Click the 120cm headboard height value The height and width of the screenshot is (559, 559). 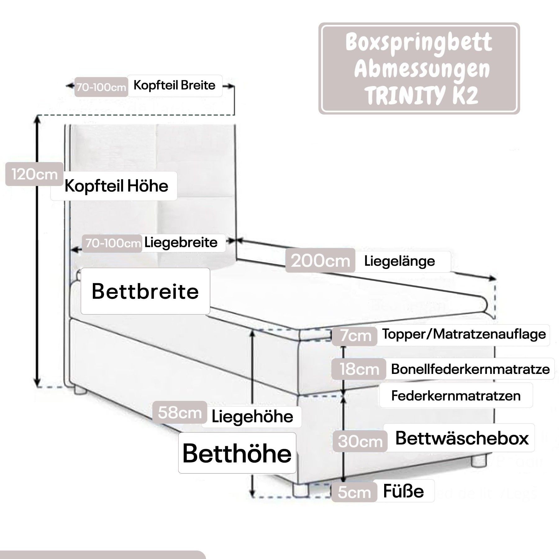click(x=34, y=175)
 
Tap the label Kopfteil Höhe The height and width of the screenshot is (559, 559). click(x=116, y=186)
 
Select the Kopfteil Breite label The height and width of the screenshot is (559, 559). click(x=174, y=85)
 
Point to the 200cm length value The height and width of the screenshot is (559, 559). click(x=320, y=261)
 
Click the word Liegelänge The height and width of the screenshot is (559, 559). click(x=399, y=261)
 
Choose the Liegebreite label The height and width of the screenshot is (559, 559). click(x=181, y=243)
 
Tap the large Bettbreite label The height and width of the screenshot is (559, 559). click(x=145, y=291)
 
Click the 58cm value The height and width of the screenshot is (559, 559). click(x=180, y=413)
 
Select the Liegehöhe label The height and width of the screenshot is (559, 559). click(x=252, y=417)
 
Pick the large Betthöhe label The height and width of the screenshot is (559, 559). click(x=237, y=453)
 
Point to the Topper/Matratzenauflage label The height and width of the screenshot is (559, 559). click(x=464, y=334)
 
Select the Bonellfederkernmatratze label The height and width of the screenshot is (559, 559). click(x=470, y=369)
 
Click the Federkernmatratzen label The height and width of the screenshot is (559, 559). click(x=456, y=396)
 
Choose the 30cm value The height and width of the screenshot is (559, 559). click(x=360, y=441)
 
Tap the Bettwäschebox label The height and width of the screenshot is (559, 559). click(x=462, y=438)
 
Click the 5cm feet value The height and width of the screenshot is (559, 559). click(x=354, y=492)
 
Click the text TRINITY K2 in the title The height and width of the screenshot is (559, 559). click(x=421, y=96)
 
